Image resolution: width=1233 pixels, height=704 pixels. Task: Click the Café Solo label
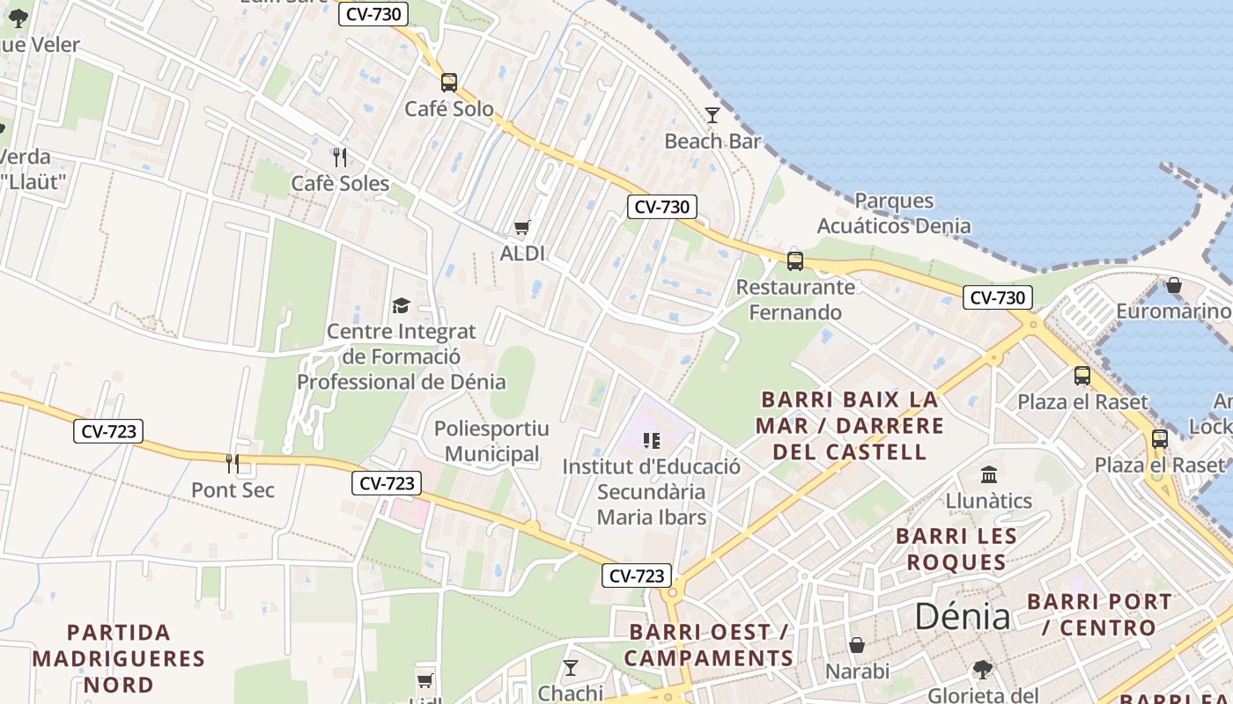coord(449,109)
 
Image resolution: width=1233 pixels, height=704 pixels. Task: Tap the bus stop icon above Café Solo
coord(449,83)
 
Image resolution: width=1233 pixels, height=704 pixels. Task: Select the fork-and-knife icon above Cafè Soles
coord(340,158)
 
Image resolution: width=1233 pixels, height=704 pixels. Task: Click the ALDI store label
coord(522,253)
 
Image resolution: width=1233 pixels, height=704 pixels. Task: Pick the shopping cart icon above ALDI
coord(522,229)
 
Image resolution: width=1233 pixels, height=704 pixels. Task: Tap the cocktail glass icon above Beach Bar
coord(712,115)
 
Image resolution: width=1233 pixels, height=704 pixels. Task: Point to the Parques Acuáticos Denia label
coord(894,213)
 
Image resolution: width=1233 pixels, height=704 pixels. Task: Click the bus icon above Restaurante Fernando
coord(795,260)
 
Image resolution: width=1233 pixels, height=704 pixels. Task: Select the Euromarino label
coord(1173,312)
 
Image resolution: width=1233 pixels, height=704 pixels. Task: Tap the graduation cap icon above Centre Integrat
coord(401,305)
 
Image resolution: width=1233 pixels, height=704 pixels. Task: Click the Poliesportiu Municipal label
coord(491,442)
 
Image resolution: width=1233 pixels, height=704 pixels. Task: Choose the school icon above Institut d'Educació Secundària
coord(652,440)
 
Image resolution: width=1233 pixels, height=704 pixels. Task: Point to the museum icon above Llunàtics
coord(989,475)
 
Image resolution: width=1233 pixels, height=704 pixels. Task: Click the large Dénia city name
coord(962,616)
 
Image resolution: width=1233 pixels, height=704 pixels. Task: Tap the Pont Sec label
coord(233,490)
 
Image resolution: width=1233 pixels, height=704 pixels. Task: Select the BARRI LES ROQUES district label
coord(956,549)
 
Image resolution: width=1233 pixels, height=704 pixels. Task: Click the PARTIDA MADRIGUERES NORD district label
coord(119,658)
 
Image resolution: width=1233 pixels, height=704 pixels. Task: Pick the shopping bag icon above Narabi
coord(857,646)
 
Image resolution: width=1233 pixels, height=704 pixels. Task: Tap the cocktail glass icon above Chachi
coord(571,668)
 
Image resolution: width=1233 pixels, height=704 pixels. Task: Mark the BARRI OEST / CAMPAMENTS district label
coord(709,645)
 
